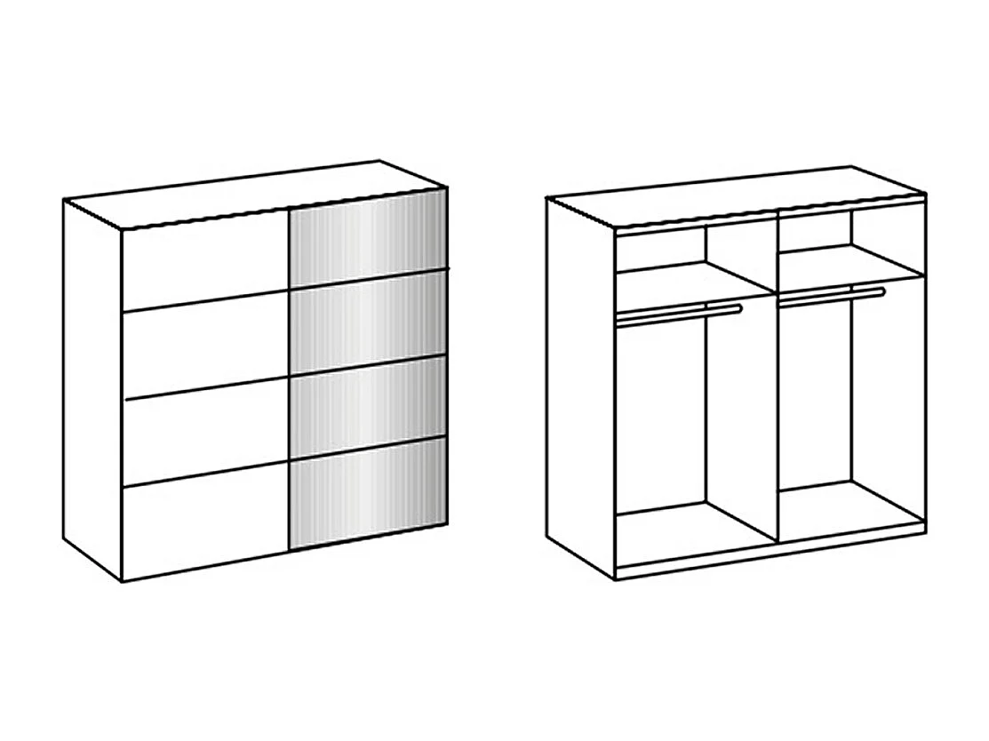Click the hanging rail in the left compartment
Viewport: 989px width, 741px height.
point(680,313)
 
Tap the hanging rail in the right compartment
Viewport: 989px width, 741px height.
point(833,295)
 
